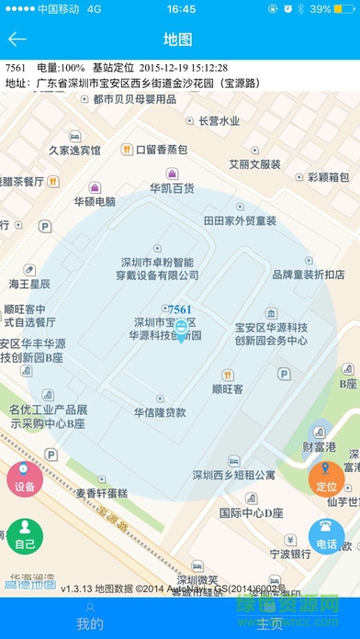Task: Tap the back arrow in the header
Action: click(17, 39)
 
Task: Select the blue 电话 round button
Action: click(327, 537)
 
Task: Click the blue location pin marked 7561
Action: click(182, 330)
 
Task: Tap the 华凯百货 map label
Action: click(173, 187)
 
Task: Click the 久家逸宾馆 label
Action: click(74, 150)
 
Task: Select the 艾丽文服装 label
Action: click(254, 163)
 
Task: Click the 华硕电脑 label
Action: click(95, 201)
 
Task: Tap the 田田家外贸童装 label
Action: click(240, 220)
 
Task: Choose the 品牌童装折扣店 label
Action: click(309, 274)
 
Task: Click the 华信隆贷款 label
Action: click(160, 411)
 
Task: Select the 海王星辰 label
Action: click(33, 284)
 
